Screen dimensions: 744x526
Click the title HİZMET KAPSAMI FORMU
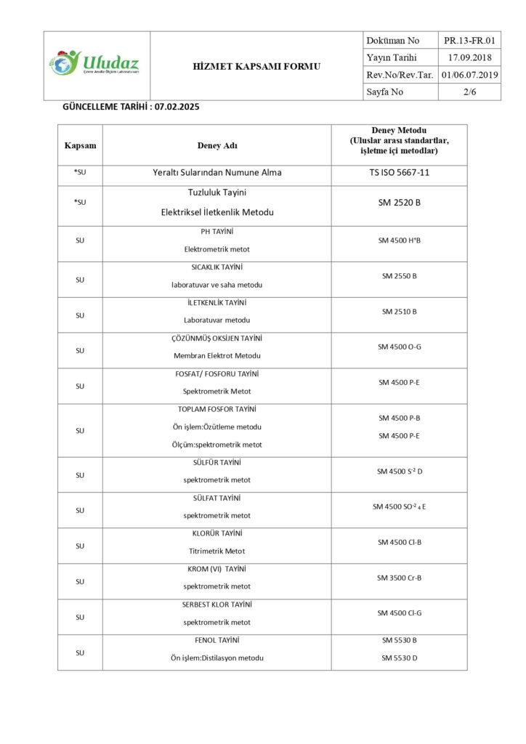(256, 66)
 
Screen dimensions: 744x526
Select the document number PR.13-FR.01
(469, 40)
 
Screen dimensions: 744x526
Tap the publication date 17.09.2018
(469, 57)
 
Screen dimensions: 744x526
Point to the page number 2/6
(469, 92)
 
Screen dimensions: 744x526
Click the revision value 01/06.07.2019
(469, 74)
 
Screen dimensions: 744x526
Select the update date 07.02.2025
(177, 107)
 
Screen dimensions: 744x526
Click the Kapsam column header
(80, 145)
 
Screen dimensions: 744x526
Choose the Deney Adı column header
(217, 145)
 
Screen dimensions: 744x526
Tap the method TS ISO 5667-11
(399, 173)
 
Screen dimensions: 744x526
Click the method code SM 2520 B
(399, 203)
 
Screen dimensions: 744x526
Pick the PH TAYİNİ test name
(217, 231)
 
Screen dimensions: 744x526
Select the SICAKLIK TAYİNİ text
(217, 267)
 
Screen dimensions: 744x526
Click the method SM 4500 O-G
(399, 347)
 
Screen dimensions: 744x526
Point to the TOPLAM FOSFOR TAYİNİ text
(217, 409)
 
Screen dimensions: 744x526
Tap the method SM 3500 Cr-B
(399, 578)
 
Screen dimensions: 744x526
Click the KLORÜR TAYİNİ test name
(217, 533)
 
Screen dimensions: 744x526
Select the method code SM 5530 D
(399, 658)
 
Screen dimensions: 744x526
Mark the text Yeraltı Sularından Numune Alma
(217, 173)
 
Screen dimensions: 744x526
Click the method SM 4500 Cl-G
(399, 613)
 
